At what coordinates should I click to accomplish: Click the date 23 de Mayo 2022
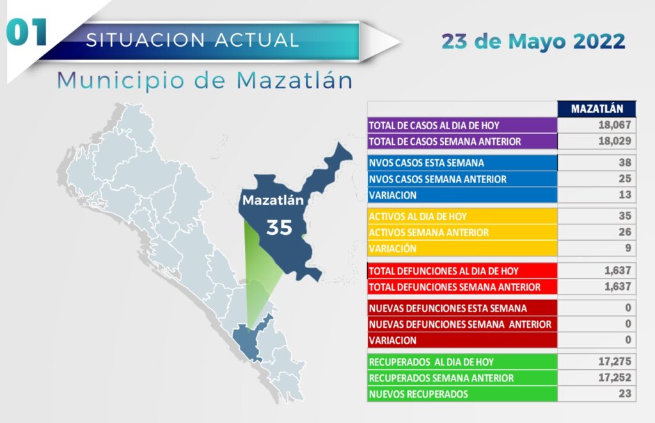(533, 42)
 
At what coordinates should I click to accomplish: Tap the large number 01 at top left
(27, 33)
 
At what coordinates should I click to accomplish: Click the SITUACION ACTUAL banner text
(193, 40)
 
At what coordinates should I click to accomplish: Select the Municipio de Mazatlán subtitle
(205, 80)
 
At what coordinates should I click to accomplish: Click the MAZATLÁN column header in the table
(597, 109)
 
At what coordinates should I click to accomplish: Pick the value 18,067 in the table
(615, 125)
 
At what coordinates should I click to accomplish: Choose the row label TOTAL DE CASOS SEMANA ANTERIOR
(445, 141)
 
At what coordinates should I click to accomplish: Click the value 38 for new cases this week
(625, 163)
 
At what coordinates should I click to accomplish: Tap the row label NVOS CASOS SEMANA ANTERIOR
(438, 179)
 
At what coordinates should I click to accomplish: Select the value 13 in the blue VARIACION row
(625, 195)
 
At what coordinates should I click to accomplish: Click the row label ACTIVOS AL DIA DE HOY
(418, 216)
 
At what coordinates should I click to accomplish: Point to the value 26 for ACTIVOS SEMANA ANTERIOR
(625, 232)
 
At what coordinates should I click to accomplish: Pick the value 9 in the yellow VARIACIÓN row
(628, 248)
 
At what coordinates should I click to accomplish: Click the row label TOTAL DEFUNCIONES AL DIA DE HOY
(444, 271)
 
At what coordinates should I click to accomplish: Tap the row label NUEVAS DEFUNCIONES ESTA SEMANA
(448, 308)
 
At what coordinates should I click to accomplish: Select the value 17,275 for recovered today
(615, 362)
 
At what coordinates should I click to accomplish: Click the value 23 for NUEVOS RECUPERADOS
(625, 394)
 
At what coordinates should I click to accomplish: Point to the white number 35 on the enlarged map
(279, 228)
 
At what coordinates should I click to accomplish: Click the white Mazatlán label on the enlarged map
(272, 200)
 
